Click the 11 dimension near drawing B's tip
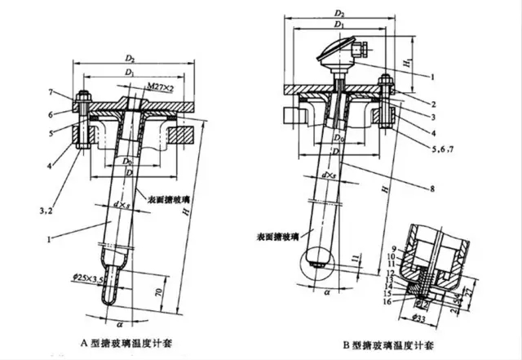coord(352,259)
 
